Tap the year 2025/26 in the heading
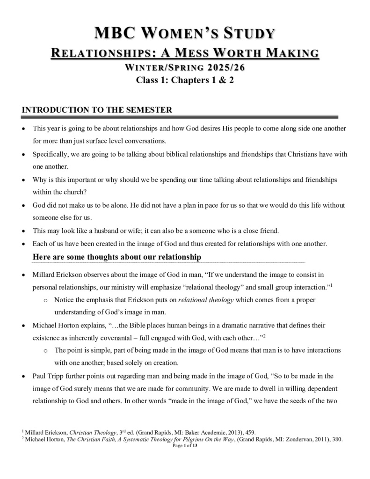coord(226,67)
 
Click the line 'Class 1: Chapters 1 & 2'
coord(185,80)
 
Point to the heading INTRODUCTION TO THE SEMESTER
coord(97,110)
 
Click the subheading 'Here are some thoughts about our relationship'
coord(117,257)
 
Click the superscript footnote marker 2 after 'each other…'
coord(264,335)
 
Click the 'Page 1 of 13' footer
coord(185,446)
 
